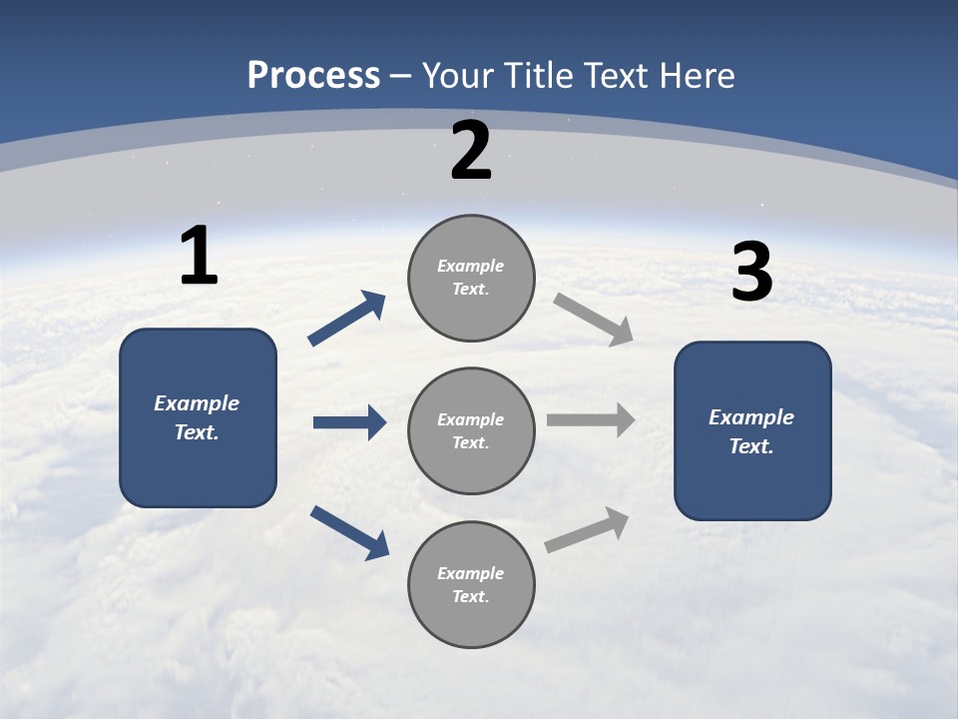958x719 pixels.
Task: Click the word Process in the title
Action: click(x=313, y=76)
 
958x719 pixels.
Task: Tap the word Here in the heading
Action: click(x=697, y=76)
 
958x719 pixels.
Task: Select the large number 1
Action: click(x=199, y=256)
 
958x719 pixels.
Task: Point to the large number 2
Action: click(x=471, y=151)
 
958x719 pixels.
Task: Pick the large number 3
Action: click(x=751, y=273)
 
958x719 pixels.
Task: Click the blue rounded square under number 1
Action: click(x=198, y=417)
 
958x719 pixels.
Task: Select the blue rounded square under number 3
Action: click(x=752, y=431)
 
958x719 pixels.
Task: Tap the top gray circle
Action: click(x=471, y=278)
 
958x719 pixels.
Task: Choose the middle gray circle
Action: click(x=471, y=431)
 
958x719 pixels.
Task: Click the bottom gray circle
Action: click(x=471, y=585)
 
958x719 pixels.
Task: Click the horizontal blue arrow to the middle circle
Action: click(x=349, y=422)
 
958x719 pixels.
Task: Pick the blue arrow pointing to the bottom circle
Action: click(x=349, y=532)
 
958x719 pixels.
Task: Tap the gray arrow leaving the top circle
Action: click(x=594, y=320)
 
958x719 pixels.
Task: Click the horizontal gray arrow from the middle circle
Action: click(x=591, y=420)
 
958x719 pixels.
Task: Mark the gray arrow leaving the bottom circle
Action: click(x=587, y=530)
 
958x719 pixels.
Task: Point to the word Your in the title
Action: click(x=455, y=76)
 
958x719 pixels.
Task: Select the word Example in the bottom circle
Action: click(x=471, y=573)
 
